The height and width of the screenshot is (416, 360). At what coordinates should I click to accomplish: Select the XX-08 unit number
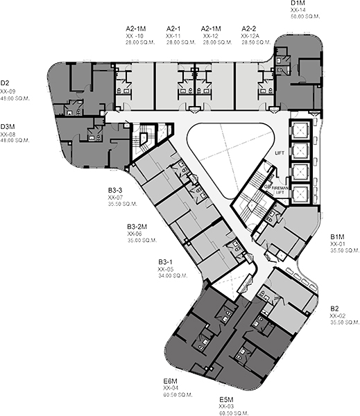tap(8, 133)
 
